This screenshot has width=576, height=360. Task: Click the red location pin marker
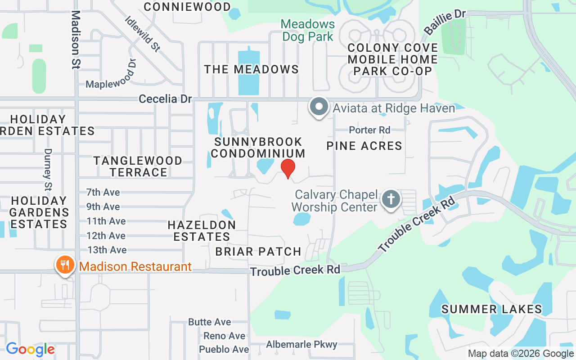coord(288,168)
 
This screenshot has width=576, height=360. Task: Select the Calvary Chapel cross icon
coord(391,199)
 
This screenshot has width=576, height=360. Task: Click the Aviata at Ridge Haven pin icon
coord(319,107)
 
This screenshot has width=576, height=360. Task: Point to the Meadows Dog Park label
coord(308,30)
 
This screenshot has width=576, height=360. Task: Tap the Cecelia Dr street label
coord(165,99)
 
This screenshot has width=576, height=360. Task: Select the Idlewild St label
coord(143,34)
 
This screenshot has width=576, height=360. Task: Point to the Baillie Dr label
coord(445,22)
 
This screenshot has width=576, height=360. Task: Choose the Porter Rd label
coord(369,130)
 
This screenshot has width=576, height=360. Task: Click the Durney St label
coord(48,170)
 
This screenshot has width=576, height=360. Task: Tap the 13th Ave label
coord(107,250)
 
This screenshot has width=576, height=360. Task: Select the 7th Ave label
coord(103,193)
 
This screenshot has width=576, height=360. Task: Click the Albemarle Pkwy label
coord(301,345)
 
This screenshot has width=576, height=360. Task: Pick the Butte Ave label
coord(209,322)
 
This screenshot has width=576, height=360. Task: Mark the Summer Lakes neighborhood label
coord(491,309)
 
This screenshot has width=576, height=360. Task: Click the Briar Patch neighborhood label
coord(258,252)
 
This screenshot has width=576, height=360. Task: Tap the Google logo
coord(30,349)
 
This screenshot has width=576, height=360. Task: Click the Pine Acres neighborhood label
coord(364,146)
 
